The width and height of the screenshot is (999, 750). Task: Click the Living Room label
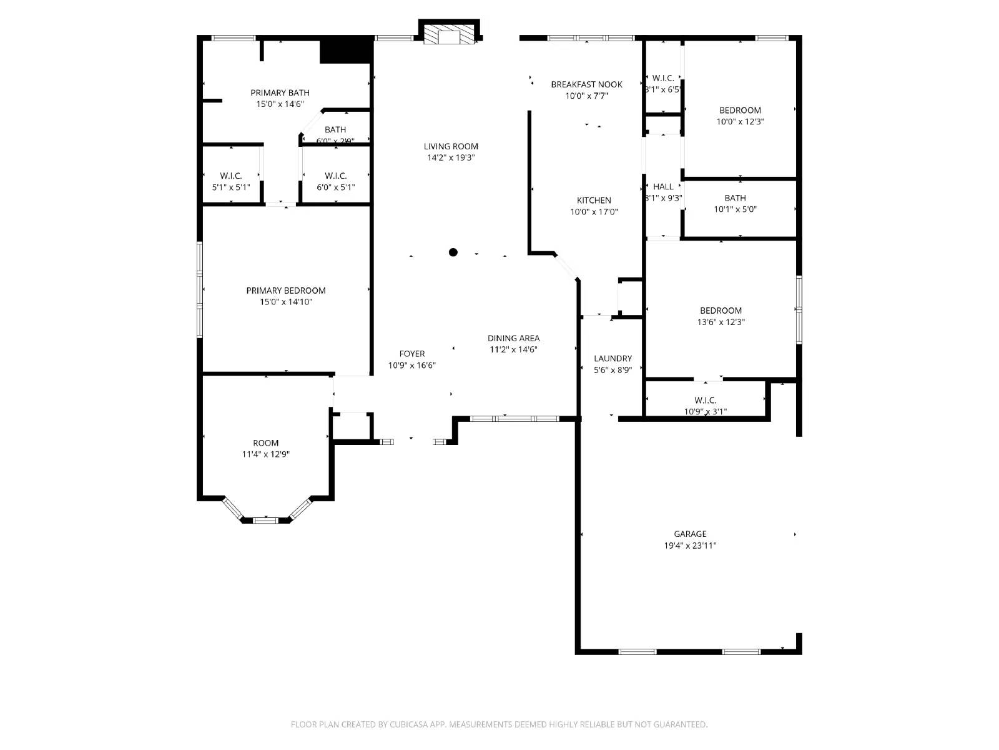(451, 146)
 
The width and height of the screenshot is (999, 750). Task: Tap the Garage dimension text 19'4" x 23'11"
(690, 546)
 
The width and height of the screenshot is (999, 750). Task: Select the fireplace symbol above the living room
(448, 36)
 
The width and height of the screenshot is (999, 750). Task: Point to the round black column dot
(453, 252)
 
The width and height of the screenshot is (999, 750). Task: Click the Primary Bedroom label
(286, 291)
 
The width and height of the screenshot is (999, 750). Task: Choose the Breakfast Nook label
(586, 84)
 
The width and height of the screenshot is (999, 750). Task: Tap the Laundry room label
(613, 359)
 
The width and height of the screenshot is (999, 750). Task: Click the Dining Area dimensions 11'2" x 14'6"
(513, 350)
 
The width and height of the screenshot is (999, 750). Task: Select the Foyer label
(412, 354)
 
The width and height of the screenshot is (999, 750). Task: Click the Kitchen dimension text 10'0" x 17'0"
(594, 212)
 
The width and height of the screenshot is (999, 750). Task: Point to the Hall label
(663, 186)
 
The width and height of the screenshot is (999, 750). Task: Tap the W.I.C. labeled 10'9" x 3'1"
(705, 400)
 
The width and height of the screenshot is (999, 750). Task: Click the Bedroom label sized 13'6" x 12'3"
(721, 311)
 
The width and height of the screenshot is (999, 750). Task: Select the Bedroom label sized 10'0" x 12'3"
(740, 110)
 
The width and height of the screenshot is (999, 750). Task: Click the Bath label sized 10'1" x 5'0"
(735, 198)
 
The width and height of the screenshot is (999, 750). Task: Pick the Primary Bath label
(280, 92)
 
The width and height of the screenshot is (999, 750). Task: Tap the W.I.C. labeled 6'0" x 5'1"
(335, 176)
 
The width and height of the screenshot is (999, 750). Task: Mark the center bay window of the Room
(265, 520)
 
